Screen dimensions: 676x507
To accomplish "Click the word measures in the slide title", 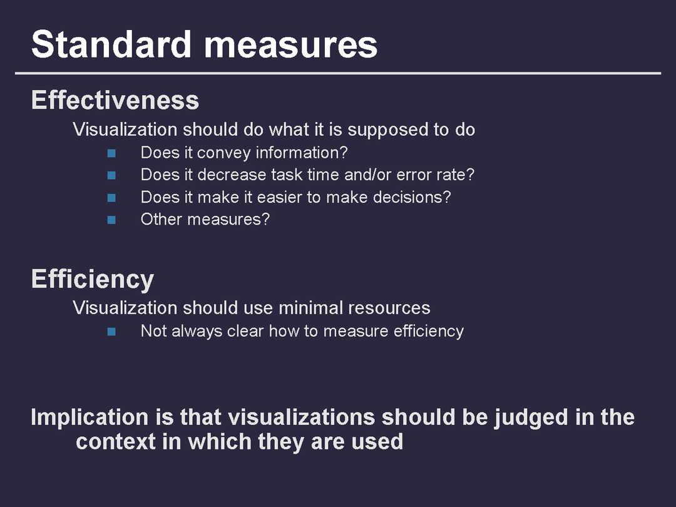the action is click(x=291, y=46).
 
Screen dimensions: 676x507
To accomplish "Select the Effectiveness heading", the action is click(x=115, y=100).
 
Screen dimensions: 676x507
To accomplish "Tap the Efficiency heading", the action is click(x=93, y=279).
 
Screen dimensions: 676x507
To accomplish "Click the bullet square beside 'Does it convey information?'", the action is click(x=111, y=153).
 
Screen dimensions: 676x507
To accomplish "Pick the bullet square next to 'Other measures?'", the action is click(x=111, y=220).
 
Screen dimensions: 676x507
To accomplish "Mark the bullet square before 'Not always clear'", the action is click(x=111, y=332).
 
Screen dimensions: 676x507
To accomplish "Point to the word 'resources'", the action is click(x=389, y=309).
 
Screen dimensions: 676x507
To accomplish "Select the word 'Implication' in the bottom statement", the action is click(x=90, y=417).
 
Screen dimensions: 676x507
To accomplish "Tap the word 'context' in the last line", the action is click(x=116, y=442).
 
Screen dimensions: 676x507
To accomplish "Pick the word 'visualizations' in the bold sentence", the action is click(x=301, y=417).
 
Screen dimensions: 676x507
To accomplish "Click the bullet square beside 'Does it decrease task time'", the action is click(x=111, y=175).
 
